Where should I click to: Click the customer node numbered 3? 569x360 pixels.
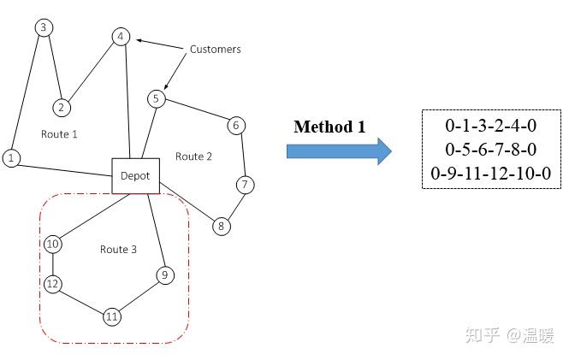(x=43, y=27)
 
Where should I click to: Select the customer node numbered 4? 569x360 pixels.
(x=121, y=37)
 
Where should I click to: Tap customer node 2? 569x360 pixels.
(x=61, y=108)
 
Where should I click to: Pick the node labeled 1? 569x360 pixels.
(x=11, y=157)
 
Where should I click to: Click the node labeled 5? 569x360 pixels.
(x=155, y=98)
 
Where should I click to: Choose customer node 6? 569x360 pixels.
(x=236, y=125)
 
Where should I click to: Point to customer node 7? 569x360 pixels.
(x=245, y=184)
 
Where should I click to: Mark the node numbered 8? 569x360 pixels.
(x=221, y=226)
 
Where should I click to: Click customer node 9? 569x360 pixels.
(x=164, y=274)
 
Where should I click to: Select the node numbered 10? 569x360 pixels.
(x=52, y=245)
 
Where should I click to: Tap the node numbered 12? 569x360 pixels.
(x=52, y=284)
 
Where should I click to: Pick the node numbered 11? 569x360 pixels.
(x=111, y=317)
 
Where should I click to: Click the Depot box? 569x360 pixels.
(x=134, y=176)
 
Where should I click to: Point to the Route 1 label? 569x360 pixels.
(x=59, y=134)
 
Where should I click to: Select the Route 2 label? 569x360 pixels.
(x=193, y=156)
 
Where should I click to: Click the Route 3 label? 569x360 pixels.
(x=118, y=250)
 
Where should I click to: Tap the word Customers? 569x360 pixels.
(x=215, y=50)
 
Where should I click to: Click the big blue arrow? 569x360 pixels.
(x=338, y=151)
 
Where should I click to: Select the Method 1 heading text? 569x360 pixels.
(x=329, y=127)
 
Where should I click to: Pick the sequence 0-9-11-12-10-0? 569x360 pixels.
(x=490, y=174)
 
